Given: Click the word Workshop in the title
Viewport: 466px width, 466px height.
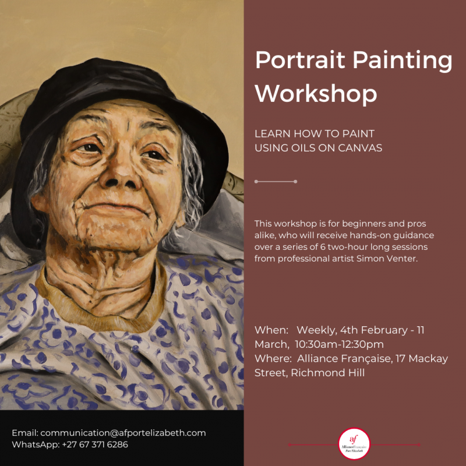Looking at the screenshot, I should [316, 93].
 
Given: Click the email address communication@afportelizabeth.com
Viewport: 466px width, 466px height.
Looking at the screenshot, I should [123, 433].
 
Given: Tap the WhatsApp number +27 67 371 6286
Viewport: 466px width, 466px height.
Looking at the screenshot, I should [95, 444].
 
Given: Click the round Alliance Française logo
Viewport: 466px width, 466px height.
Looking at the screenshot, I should [354, 444].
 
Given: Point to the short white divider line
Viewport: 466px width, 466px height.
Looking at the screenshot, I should [276, 182].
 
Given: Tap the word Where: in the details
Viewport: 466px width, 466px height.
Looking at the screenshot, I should [273, 359].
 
